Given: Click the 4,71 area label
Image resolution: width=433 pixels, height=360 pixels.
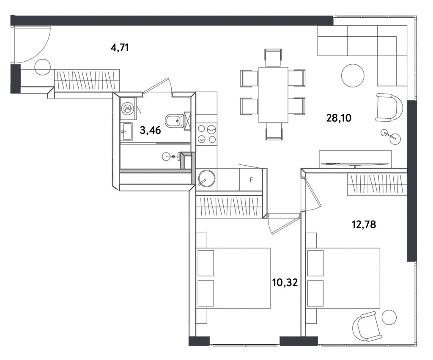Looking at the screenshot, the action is coord(120,48).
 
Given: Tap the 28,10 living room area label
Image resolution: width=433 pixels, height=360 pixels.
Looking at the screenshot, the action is coord(339,118).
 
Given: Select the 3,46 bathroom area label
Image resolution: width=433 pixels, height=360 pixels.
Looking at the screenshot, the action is coord(150,130).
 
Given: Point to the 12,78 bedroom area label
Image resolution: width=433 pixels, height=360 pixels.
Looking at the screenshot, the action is coord(364,224).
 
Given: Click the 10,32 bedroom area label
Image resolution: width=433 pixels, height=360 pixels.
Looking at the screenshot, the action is coord(285,283).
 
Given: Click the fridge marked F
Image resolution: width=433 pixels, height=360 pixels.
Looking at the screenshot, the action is coord(251,180).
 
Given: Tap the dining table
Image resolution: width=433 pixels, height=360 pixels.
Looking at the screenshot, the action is coord(273,95).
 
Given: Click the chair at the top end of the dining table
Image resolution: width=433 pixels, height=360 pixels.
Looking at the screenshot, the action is coord(273,57).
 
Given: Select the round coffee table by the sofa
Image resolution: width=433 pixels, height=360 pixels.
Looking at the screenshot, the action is coord(353,75).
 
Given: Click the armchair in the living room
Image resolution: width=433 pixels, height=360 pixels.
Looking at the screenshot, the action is coord(388,107).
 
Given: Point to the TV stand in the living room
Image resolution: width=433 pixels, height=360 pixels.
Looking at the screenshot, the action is coord(355,159).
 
